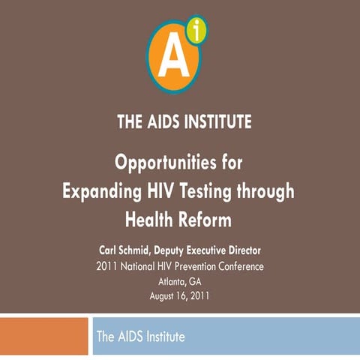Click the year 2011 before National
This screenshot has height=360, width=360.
pyautogui.click(x=110, y=266)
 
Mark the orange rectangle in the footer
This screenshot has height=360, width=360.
pyautogui.click(x=43, y=336)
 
